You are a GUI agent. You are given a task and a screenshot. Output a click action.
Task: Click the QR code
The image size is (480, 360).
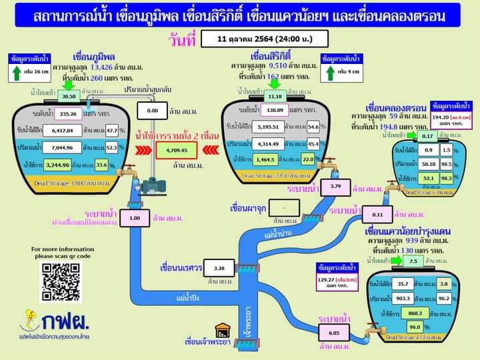[x=61, y=281]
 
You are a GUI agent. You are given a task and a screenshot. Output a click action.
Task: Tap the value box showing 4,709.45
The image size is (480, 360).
[x=177, y=151]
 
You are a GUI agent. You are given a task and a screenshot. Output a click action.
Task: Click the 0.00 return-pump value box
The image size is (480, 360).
[x=153, y=111]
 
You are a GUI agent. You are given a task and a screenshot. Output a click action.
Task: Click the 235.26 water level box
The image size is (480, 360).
[x=82, y=114]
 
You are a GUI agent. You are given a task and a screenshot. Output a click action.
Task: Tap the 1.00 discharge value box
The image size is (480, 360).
[x=135, y=218]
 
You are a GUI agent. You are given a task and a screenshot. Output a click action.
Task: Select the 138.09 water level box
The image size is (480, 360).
[x=271, y=109]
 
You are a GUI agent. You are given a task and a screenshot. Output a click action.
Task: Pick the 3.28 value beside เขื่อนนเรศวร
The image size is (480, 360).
[x=219, y=267]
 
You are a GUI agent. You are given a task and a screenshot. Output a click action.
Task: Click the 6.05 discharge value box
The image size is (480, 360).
[x=334, y=331]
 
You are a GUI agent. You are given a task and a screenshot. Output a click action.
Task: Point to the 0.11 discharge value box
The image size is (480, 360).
[x=377, y=215]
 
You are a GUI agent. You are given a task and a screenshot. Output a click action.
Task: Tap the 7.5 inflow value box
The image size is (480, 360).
[x=414, y=261]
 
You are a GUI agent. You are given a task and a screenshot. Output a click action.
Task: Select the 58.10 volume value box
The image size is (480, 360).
[x=429, y=163]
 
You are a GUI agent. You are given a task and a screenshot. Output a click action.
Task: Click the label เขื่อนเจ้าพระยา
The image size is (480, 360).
[x=207, y=343]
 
